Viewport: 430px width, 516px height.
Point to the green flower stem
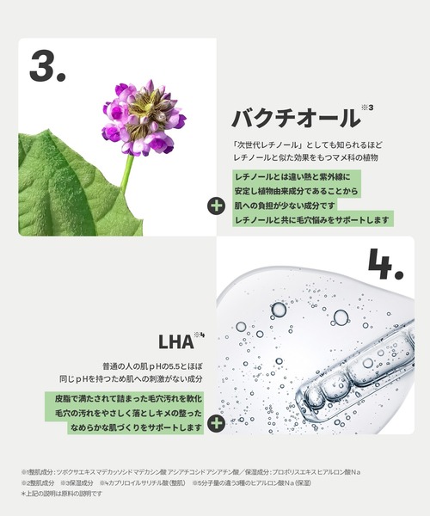[127, 172]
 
